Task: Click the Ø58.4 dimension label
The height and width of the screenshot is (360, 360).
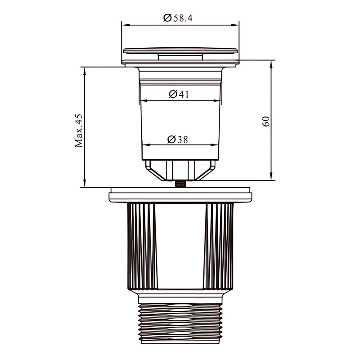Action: coord(178,18)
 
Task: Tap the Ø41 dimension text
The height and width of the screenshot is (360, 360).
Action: coord(179,94)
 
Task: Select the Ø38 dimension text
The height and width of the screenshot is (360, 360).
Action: coord(177,139)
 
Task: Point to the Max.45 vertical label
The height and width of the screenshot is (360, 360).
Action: coord(78,130)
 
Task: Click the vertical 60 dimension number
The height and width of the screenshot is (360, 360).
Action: coord(265,121)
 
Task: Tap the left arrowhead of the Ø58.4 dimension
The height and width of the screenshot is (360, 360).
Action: coord(126,25)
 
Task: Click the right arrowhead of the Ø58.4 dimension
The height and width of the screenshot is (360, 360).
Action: coord(235,25)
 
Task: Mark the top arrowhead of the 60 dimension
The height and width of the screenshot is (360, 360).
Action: coord(271,64)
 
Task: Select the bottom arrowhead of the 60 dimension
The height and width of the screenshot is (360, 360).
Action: coord(271,176)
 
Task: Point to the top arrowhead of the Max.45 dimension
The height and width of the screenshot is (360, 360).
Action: coord(85,71)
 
